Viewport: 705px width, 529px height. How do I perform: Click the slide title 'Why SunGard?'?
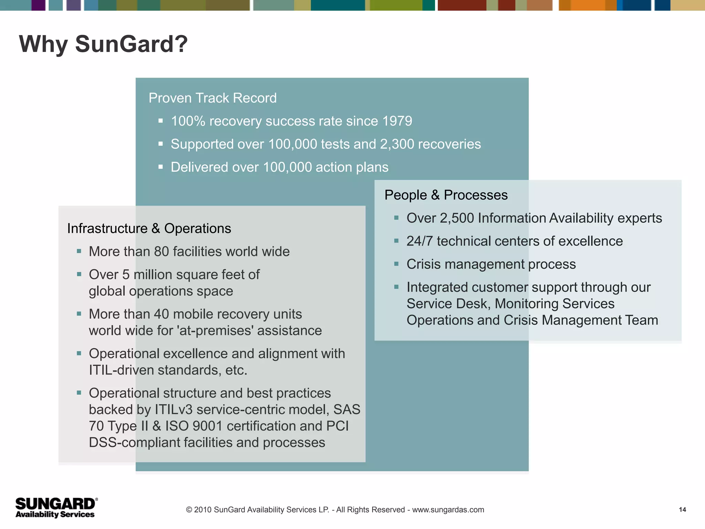coord(103,44)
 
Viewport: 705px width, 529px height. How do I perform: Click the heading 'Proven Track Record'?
coord(212,98)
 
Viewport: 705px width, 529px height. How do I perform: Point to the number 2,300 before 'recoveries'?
coord(397,144)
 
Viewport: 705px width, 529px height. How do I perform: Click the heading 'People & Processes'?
coord(446,195)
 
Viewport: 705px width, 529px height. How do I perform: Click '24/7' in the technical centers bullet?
coord(419,241)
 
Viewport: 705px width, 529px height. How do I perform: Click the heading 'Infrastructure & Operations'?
coord(149,229)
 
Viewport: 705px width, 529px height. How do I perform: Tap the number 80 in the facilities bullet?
coord(161,252)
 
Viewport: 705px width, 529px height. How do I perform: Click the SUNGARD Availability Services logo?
coord(56,508)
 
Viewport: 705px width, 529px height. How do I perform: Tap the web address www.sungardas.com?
coord(448,510)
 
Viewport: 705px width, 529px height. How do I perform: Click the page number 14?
coord(682,510)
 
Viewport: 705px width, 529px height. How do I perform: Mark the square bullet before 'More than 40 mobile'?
coord(79,314)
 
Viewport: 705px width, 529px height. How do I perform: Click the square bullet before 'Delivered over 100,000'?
coord(160,167)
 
